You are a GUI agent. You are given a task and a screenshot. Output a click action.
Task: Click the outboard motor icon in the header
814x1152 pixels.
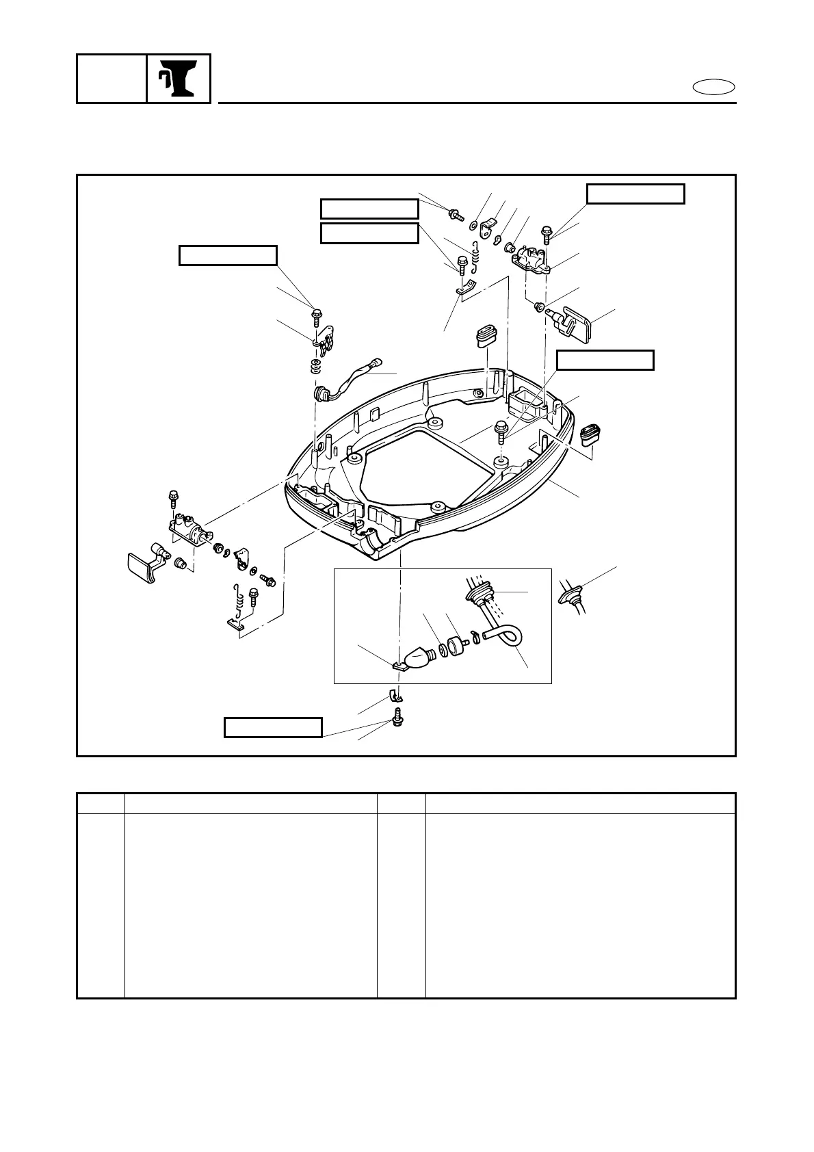click(178, 79)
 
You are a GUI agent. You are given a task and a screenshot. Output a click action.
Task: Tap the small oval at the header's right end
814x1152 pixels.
click(713, 87)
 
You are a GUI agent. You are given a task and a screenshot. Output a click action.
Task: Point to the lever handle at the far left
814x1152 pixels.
click(144, 564)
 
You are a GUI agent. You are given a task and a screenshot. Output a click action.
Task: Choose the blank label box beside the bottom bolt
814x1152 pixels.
click(274, 727)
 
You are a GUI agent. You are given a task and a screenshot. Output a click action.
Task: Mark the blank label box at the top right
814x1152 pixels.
click(635, 194)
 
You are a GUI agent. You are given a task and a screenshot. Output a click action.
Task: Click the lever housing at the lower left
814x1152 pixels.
click(186, 529)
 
